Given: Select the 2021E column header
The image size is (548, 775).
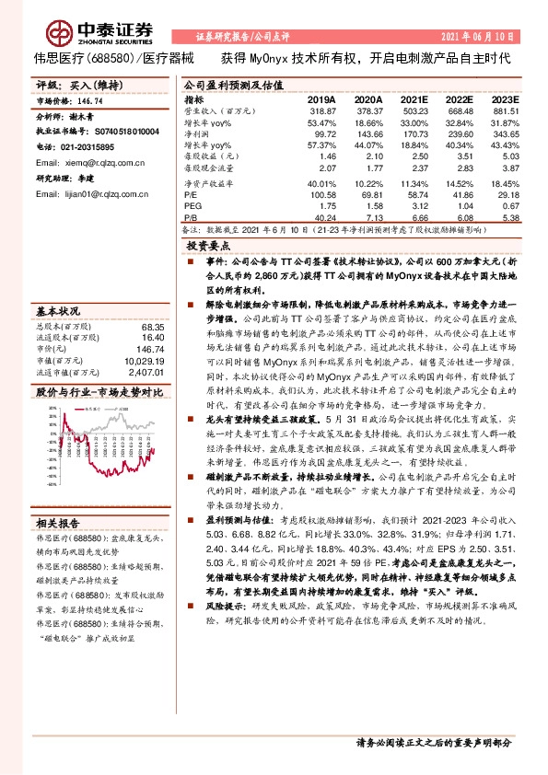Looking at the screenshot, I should [x=414, y=98].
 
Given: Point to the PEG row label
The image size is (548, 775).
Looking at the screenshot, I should [x=192, y=207].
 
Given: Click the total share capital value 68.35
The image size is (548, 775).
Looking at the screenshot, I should [x=151, y=326].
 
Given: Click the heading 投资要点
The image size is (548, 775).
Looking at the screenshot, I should [x=207, y=247].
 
